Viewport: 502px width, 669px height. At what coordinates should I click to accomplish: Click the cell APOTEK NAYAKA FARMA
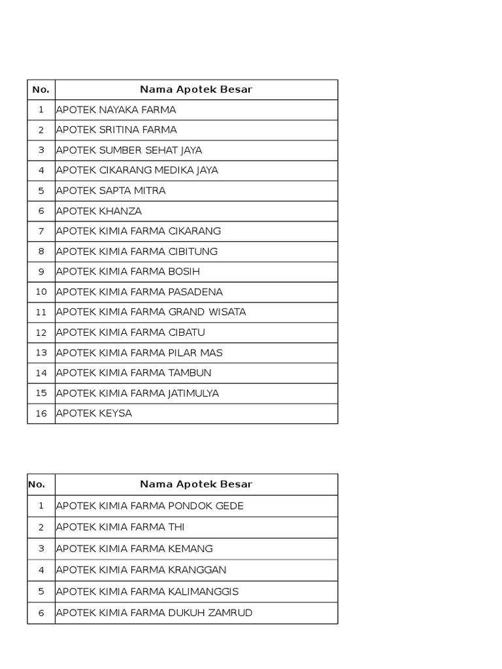[116, 110]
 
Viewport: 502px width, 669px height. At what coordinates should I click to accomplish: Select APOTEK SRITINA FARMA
[116, 130]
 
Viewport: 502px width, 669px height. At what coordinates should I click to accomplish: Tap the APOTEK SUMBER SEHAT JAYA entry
[129, 150]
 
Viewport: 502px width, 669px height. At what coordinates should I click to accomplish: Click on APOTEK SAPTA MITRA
[111, 191]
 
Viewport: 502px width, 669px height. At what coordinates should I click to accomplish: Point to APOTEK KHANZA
[99, 211]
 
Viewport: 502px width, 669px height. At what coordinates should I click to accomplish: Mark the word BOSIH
[184, 272]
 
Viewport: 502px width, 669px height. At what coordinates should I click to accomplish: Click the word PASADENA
[195, 292]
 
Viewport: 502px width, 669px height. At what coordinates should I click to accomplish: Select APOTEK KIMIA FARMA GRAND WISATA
[151, 312]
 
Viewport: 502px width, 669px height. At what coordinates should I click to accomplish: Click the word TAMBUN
[190, 373]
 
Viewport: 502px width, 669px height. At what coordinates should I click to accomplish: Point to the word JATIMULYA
[193, 393]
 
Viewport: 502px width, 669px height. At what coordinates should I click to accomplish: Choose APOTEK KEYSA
[94, 414]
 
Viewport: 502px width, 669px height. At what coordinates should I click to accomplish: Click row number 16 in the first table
[41, 414]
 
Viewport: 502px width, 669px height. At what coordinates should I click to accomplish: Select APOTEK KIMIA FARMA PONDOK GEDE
[150, 506]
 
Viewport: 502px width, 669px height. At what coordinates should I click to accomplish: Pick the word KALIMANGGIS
[203, 592]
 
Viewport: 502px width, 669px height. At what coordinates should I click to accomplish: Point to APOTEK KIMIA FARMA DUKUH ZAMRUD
[154, 613]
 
